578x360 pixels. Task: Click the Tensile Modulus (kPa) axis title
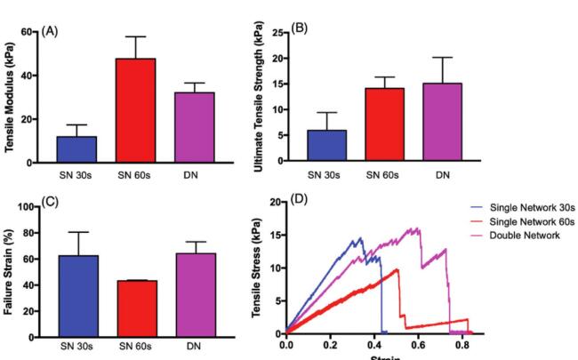(10, 97)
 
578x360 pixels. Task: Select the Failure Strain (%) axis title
(10, 271)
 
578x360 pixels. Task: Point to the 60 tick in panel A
(27, 32)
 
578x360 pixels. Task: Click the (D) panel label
(300, 200)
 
